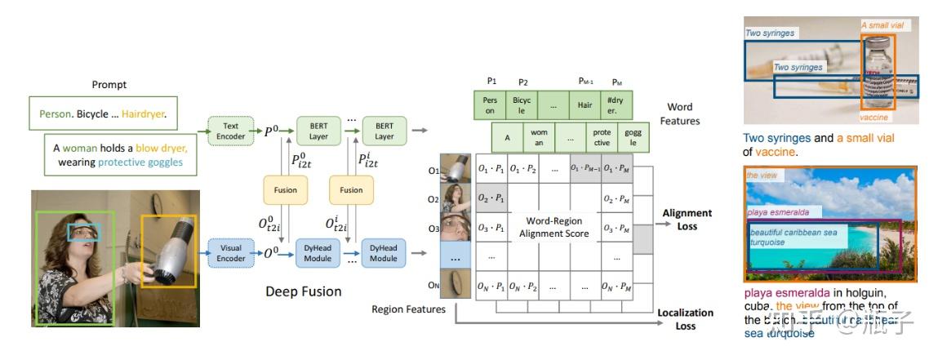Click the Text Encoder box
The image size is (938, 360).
tap(231, 131)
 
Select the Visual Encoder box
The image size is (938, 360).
tap(231, 253)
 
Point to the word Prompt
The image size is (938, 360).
tap(109, 85)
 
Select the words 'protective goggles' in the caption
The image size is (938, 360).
tap(140, 162)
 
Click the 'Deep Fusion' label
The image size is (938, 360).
tap(304, 291)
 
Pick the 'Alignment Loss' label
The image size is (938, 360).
tap(687, 219)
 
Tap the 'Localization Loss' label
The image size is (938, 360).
tap(686, 318)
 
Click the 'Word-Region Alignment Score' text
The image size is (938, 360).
tap(553, 228)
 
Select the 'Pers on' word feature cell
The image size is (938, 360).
tap(490, 105)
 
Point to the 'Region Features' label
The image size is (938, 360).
tap(409, 309)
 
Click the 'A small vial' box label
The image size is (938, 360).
tap(882, 25)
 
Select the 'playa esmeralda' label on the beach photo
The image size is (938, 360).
tap(778, 212)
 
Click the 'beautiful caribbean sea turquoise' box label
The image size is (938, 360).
tap(783, 237)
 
